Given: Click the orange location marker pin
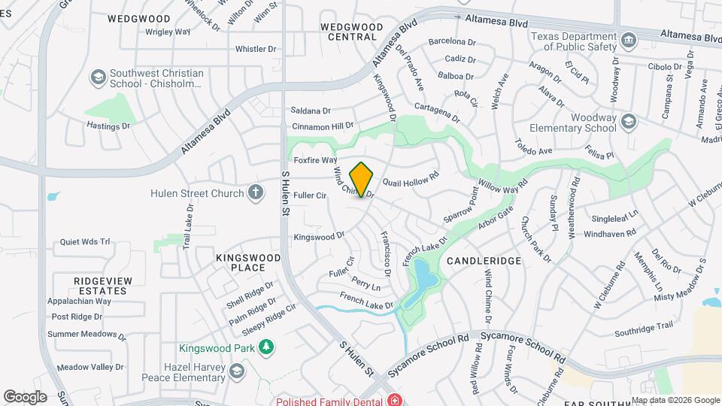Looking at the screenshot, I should coord(362,179).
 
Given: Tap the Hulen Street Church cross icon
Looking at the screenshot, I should coord(256,193).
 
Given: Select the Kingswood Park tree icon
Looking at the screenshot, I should coord(265,347).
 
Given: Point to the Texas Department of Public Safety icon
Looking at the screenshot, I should coord(628,38).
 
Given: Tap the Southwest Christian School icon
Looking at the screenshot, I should coord(97,77).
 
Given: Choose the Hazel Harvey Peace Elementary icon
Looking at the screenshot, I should coord(238,371).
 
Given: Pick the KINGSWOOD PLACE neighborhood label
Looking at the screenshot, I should coord(248,262).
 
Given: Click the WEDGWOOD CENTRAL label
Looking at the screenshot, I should coord(348,32).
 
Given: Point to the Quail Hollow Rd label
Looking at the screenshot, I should coord(411,180).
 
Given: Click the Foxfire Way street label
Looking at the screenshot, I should coord(315,160).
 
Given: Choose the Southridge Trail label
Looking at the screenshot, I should coord(643,327).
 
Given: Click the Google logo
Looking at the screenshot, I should coord(24,396).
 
